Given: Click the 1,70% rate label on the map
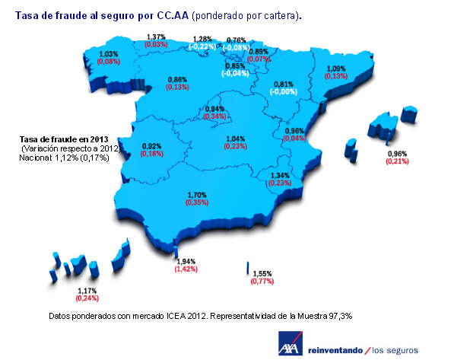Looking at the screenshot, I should (x=197, y=195).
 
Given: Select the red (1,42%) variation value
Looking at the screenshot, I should (x=186, y=269).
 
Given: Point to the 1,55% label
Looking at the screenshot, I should (x=262, y=273).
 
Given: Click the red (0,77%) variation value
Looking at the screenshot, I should (x=262, y=282).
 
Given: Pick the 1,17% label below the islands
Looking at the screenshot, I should (x=87, y=291).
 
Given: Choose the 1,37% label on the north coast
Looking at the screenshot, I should (x=157, y=37).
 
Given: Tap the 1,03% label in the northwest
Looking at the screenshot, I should (x=110, y=53).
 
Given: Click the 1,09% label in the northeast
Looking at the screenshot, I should (x=335, y=68).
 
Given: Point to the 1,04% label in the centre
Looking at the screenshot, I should (x=237, y=139).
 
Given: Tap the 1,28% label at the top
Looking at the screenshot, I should (x=202, y=39).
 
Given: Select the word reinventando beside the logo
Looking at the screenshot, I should (x=334, y=349).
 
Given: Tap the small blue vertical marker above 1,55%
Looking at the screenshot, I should (x=248, y=268).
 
